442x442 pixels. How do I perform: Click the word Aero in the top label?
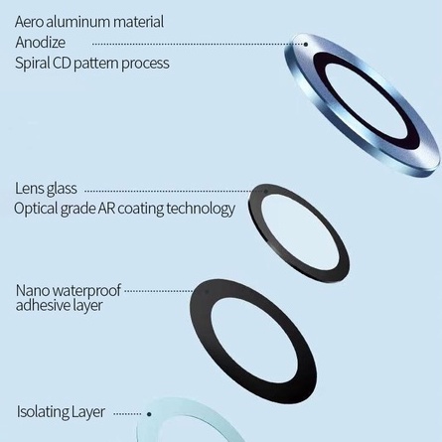pos(29,22)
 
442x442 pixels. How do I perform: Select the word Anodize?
pos(40,43)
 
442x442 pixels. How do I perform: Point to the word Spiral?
pos(33,64)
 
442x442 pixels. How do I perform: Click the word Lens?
pos(29,189)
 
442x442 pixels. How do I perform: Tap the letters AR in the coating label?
pos(106,209)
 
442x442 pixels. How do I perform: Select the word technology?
pos(201,210)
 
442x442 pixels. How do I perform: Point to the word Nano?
pos(33,291)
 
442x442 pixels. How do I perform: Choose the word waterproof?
pos(86,291)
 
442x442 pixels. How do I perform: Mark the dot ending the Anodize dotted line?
pos(306,45)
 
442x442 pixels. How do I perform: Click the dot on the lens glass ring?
pos(265,192)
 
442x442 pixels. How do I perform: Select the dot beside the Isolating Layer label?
pos(149,414)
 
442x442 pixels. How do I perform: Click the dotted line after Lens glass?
pos(174,191)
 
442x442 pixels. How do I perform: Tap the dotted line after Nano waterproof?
pos(159,291)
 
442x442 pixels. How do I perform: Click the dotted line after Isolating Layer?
pos(127,414)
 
